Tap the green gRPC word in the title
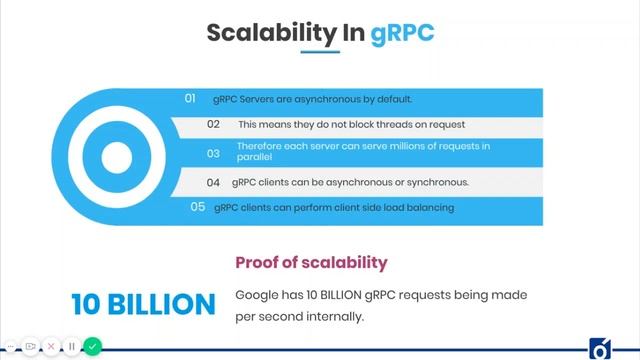pyautogui.click(x=402, y=32)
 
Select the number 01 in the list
pyautogui.click(x=190, y=98)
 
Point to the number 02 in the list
pyautogui.click(x=213, y=125)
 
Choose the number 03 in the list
pyautogui.click(x=213, y=153)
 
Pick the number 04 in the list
pyautogui.click(x=213, y=183)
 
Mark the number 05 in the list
pyautogui.click(x=198, y=207)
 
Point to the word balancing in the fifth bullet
pyautogui.click(x=430, y=208)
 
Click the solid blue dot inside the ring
pyautogui.click(x=116, y=157)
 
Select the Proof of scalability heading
pyautogui.click(x=310, y=263)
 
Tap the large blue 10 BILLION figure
pyautogui.click(x=144, y=304)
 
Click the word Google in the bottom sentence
pyautogui.click(x=255, y=295)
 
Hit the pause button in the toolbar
pyautogui.click(x=72, y=347)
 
